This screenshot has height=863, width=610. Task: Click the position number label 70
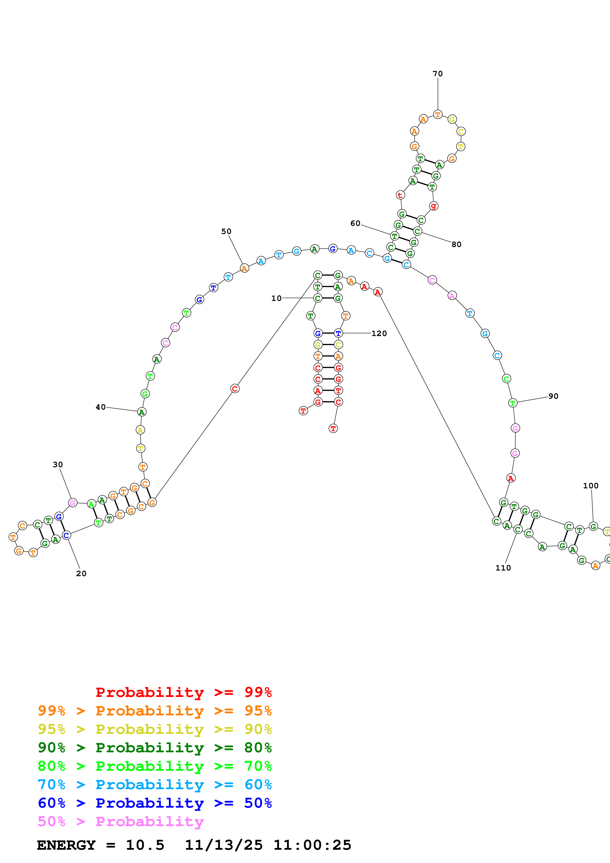pos(438,74)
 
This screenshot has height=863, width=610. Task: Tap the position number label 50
pos(226,231)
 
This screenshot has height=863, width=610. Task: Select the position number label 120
pos(379,333)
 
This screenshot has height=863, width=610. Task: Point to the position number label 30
pos(58,464)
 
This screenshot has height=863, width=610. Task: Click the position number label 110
pos(503,568)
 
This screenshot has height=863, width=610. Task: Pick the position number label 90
pos(553,396)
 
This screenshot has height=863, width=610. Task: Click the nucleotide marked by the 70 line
pos(438,114)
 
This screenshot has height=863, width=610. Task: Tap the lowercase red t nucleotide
pos(400,195)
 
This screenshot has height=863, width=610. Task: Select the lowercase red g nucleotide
pos(434,206)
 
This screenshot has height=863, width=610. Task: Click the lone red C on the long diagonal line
pos(235,389)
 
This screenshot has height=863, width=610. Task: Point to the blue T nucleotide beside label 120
pos(338,333)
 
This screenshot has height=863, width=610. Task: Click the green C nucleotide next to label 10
pos(318,298)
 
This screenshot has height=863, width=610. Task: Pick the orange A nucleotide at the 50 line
pos(244,268)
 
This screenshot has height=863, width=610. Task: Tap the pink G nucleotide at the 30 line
pos(73,503)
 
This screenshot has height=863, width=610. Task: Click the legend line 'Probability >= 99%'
pos(183,692)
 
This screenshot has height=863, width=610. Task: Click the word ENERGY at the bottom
pos(66,845)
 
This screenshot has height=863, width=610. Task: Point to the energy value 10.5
pos(145,845)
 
